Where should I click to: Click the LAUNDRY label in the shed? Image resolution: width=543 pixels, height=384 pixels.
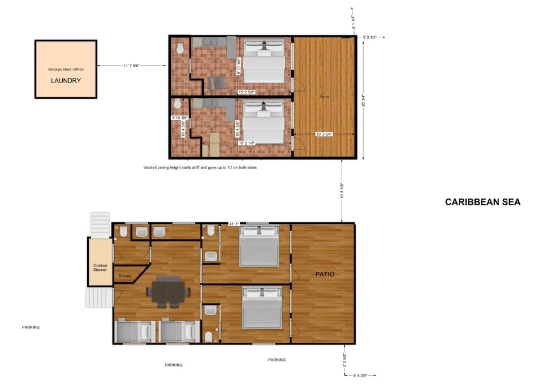pos(66,80)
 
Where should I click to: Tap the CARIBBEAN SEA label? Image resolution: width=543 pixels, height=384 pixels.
pos(482,202)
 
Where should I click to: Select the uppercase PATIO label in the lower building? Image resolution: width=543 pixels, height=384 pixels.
pos(324,274)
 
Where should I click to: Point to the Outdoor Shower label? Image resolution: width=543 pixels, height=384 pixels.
pos(100,267)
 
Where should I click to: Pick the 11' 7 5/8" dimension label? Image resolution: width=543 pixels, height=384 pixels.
pos(131,66)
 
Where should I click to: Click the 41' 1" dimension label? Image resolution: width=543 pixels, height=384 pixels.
pos(233,224)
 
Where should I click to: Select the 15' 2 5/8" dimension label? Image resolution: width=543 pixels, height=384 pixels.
pos(247,92)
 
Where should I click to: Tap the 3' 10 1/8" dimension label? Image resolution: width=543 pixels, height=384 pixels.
pos(180,118)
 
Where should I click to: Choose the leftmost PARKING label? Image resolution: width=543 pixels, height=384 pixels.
pos(31,327)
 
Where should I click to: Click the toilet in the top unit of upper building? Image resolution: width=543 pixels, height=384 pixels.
pos(180,50)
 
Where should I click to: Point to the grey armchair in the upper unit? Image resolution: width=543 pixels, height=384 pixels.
pos(216,84)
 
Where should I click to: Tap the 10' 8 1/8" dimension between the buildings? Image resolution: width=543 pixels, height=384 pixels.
pos(342,191)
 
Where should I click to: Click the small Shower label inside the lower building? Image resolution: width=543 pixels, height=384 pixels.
pos(125,276)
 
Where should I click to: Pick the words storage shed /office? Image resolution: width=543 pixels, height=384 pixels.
pos(66,69)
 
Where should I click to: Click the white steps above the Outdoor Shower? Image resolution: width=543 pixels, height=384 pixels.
pos(100,224)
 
